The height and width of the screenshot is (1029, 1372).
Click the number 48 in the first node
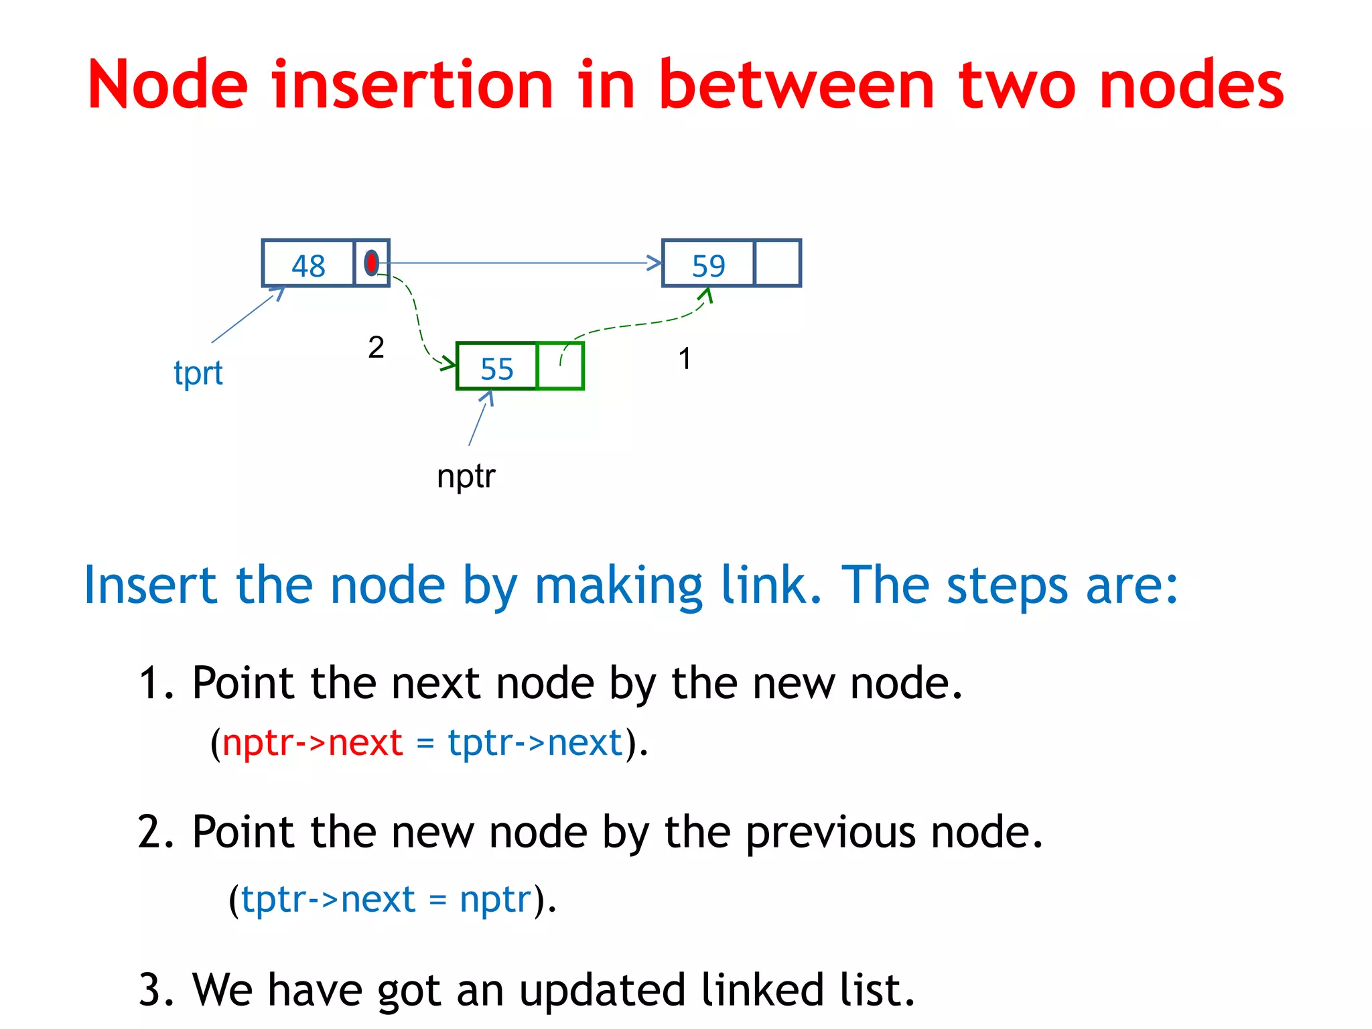click(308, 265)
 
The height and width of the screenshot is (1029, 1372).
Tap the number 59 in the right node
click(708, 265)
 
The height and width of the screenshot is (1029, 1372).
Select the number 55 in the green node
click(496, 368)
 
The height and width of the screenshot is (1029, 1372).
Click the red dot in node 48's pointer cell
click(371, 263)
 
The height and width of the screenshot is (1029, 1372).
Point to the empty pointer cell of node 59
click(777, 263)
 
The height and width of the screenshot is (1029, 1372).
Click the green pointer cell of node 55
click(560, 366)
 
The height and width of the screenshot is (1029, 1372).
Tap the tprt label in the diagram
click(198, 373)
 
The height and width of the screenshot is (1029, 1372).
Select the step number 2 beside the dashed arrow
click(376, 347)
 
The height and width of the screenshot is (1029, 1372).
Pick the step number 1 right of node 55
click(684, 358)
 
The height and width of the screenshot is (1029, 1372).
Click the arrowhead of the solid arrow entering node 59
click(655, 263)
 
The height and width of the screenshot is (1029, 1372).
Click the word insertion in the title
click(413, 84)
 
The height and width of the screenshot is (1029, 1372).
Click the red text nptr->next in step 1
click(312, 742)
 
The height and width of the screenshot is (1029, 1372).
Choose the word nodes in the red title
click(1191, 84)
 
